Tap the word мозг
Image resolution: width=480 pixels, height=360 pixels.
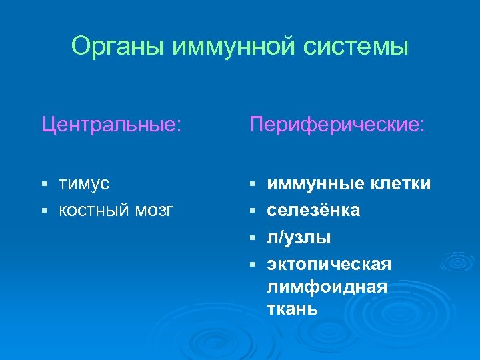[154, 211]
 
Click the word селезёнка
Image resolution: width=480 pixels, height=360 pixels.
[313, 211]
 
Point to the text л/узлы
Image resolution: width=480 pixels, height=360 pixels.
[299, 237]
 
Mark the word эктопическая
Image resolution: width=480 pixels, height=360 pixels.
[329, 265]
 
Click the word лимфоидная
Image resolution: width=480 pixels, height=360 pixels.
[327, 287]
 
